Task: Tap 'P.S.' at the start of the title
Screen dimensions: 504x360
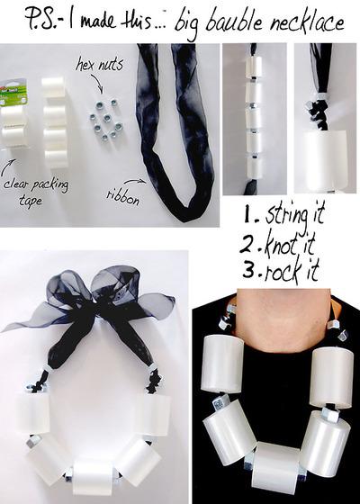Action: tap(31, 22)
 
